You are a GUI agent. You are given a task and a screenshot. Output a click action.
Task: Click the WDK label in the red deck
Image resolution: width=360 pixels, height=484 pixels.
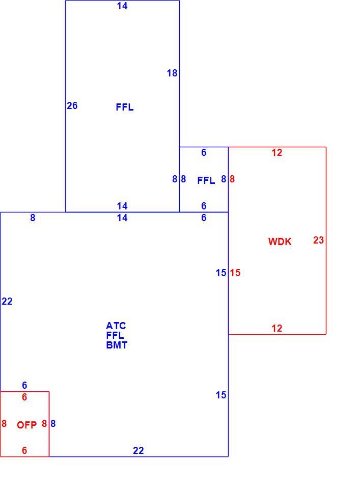click(280, 241)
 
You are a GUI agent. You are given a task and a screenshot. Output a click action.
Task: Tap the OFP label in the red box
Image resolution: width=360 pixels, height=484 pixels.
click(26, 425)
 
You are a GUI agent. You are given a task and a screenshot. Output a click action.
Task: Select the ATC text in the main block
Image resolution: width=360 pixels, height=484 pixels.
click(116, 326)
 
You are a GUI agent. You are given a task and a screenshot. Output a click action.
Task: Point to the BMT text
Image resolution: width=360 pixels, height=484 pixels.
click(117, 345)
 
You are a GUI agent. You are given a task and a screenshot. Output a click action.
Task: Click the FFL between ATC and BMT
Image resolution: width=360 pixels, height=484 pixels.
click(115, 335)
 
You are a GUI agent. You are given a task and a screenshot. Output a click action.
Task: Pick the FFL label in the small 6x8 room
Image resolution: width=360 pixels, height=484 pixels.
click(206, 180)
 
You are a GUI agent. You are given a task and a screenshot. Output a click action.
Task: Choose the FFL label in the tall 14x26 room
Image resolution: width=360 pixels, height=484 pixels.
click(125, 107)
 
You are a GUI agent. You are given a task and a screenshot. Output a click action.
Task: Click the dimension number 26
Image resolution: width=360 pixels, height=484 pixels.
click(72, 105)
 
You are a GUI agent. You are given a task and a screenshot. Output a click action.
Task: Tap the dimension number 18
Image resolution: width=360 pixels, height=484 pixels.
click(172, 73)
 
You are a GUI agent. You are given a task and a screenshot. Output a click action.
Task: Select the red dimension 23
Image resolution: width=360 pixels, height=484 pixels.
click(318, 240)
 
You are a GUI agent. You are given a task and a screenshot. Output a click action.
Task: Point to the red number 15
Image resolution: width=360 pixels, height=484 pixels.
click(235, 273)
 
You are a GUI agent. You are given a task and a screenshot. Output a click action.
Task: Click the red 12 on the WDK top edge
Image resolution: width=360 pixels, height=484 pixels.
click(276, 152)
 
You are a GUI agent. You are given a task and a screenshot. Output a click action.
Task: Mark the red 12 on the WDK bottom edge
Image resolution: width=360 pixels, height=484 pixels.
click(276, 328)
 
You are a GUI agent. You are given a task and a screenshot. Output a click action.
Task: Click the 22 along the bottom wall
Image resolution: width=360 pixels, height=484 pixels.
click(138, 451)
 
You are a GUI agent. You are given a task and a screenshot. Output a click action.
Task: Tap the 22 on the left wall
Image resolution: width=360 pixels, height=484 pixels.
click(7, 301)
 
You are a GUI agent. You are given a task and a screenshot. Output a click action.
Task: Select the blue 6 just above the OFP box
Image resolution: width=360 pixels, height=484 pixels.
click(24, 385)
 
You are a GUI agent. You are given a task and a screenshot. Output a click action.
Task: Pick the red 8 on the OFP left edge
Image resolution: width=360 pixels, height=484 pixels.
click(4, 423)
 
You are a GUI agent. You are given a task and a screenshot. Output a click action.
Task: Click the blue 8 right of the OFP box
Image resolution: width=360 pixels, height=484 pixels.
click(53, 423)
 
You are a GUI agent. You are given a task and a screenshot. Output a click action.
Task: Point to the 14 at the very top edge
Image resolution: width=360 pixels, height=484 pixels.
click(122, 6)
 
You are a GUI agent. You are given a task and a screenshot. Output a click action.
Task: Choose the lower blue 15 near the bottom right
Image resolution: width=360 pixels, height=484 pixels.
click(221, 395)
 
